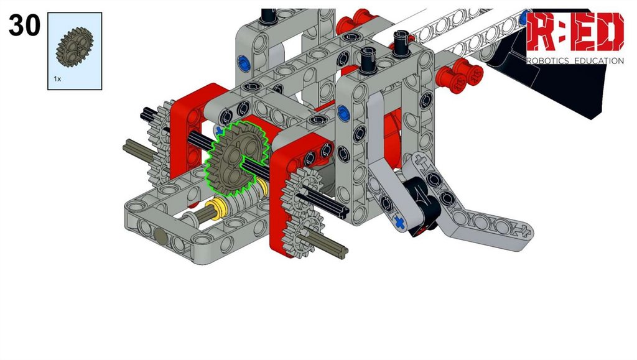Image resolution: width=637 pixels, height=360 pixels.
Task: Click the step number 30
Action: (24, 25)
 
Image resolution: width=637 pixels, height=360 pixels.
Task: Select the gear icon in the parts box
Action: (75, 47)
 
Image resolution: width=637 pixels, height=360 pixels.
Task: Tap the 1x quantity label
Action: (57, 79)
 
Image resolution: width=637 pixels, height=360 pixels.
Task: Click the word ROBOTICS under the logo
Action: (547, 61)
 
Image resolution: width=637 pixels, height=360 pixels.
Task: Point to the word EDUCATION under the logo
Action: (599, 61)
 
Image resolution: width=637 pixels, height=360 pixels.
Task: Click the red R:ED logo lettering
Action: (575, 32)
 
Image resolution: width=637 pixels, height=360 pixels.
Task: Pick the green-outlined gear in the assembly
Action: (236, 158)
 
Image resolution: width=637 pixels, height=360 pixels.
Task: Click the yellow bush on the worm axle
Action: (216, 208)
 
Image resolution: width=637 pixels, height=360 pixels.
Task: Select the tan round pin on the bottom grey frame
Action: (160, 236)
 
